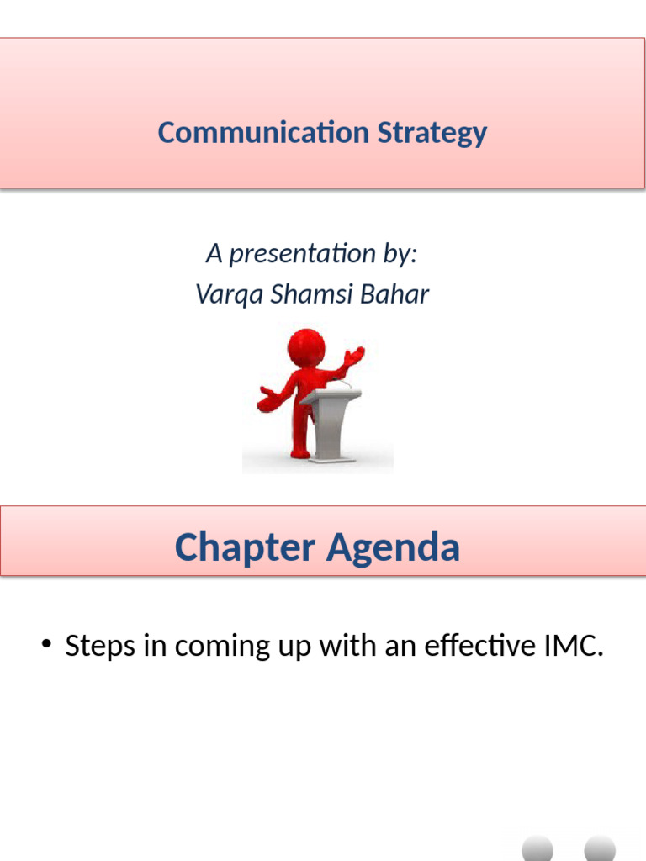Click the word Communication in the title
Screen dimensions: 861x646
(263, 133)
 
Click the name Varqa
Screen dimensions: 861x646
(221, 294)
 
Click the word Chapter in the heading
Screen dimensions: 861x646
(245, 547)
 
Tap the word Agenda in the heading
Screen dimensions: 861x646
(393, 547)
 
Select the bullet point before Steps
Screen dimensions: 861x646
(47, 646)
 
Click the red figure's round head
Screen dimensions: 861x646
(306, 346)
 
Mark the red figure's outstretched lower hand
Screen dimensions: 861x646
(268, 400)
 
